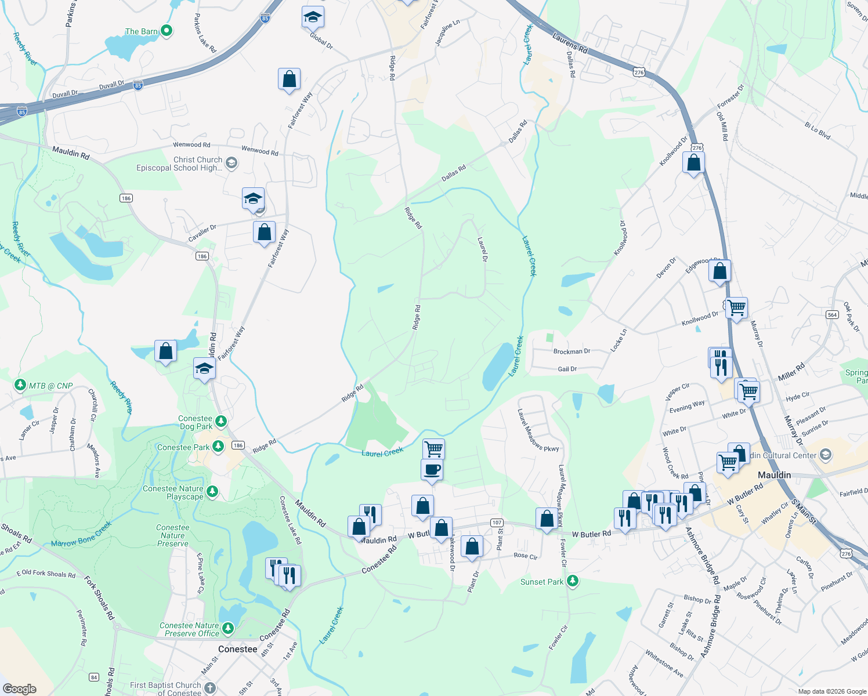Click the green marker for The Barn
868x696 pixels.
(167, 31)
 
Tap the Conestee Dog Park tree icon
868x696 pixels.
(220, 420)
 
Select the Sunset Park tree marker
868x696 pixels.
(573, 581)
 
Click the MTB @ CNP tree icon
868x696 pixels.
(20, 385)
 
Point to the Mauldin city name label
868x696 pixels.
(774, 475)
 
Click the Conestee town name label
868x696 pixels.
(237, 649)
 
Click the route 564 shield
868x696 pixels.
(833, 315)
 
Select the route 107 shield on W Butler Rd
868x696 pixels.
(497, 523)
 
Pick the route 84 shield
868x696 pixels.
(94, 677)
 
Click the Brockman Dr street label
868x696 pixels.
(572, 351)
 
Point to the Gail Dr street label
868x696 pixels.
(567, 369)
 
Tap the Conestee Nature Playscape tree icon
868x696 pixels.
(212, 492)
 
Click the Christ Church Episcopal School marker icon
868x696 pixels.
(232, 163)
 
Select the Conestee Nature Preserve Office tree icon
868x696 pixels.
(228, 628)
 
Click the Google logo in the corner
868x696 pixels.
(20, 688)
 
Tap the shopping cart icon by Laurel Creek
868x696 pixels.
(433, 448)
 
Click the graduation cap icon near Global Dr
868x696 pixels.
(313, 18)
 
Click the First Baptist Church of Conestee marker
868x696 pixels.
(210, 688)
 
